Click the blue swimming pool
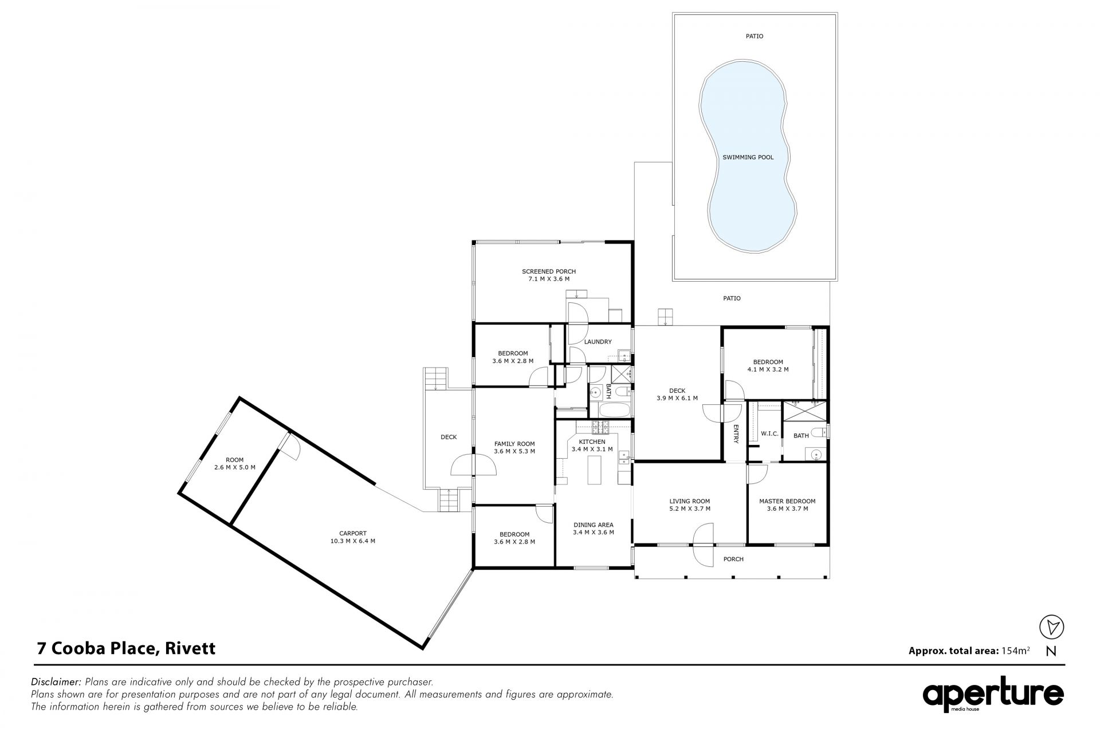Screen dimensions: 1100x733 click(748, 156)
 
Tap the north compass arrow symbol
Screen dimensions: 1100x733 click(1051, 628)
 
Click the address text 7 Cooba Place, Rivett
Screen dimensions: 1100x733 click(126, 648)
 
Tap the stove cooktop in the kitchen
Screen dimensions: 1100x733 click(600, 426)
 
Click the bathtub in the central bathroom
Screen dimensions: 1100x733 click(614, 410)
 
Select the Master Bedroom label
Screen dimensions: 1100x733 click(787, 501)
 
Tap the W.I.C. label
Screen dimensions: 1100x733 click(769, 434)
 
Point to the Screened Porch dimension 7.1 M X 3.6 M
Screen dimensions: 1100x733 click(549, 279)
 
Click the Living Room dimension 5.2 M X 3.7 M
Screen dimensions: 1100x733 click(690, 509)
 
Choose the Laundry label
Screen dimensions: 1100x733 click(598, 342)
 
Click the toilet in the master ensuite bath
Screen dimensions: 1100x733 click(823, 431)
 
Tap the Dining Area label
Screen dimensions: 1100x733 click(594, 525)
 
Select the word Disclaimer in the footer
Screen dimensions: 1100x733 click(56, 682)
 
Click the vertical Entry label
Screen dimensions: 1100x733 click(736, 433)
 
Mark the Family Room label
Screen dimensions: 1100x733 click(514, 443)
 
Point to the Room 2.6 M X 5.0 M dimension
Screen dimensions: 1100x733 click(235, 467)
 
